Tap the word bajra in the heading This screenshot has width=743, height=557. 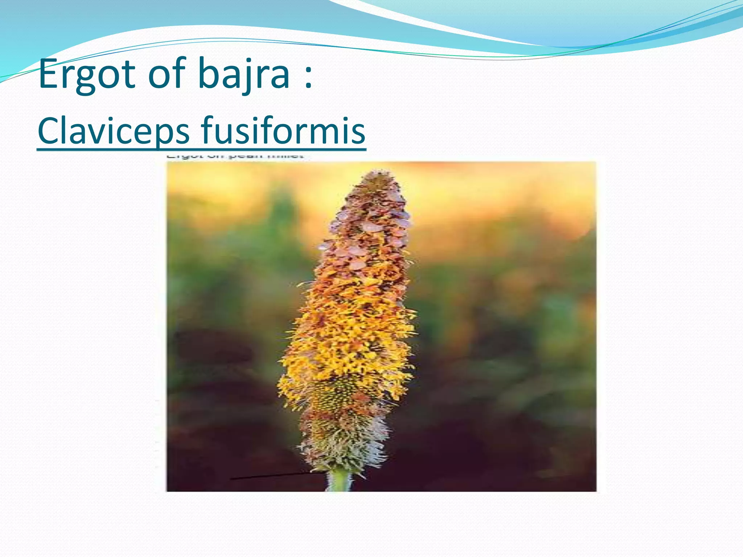243,74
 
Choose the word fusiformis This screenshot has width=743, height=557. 283,131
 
